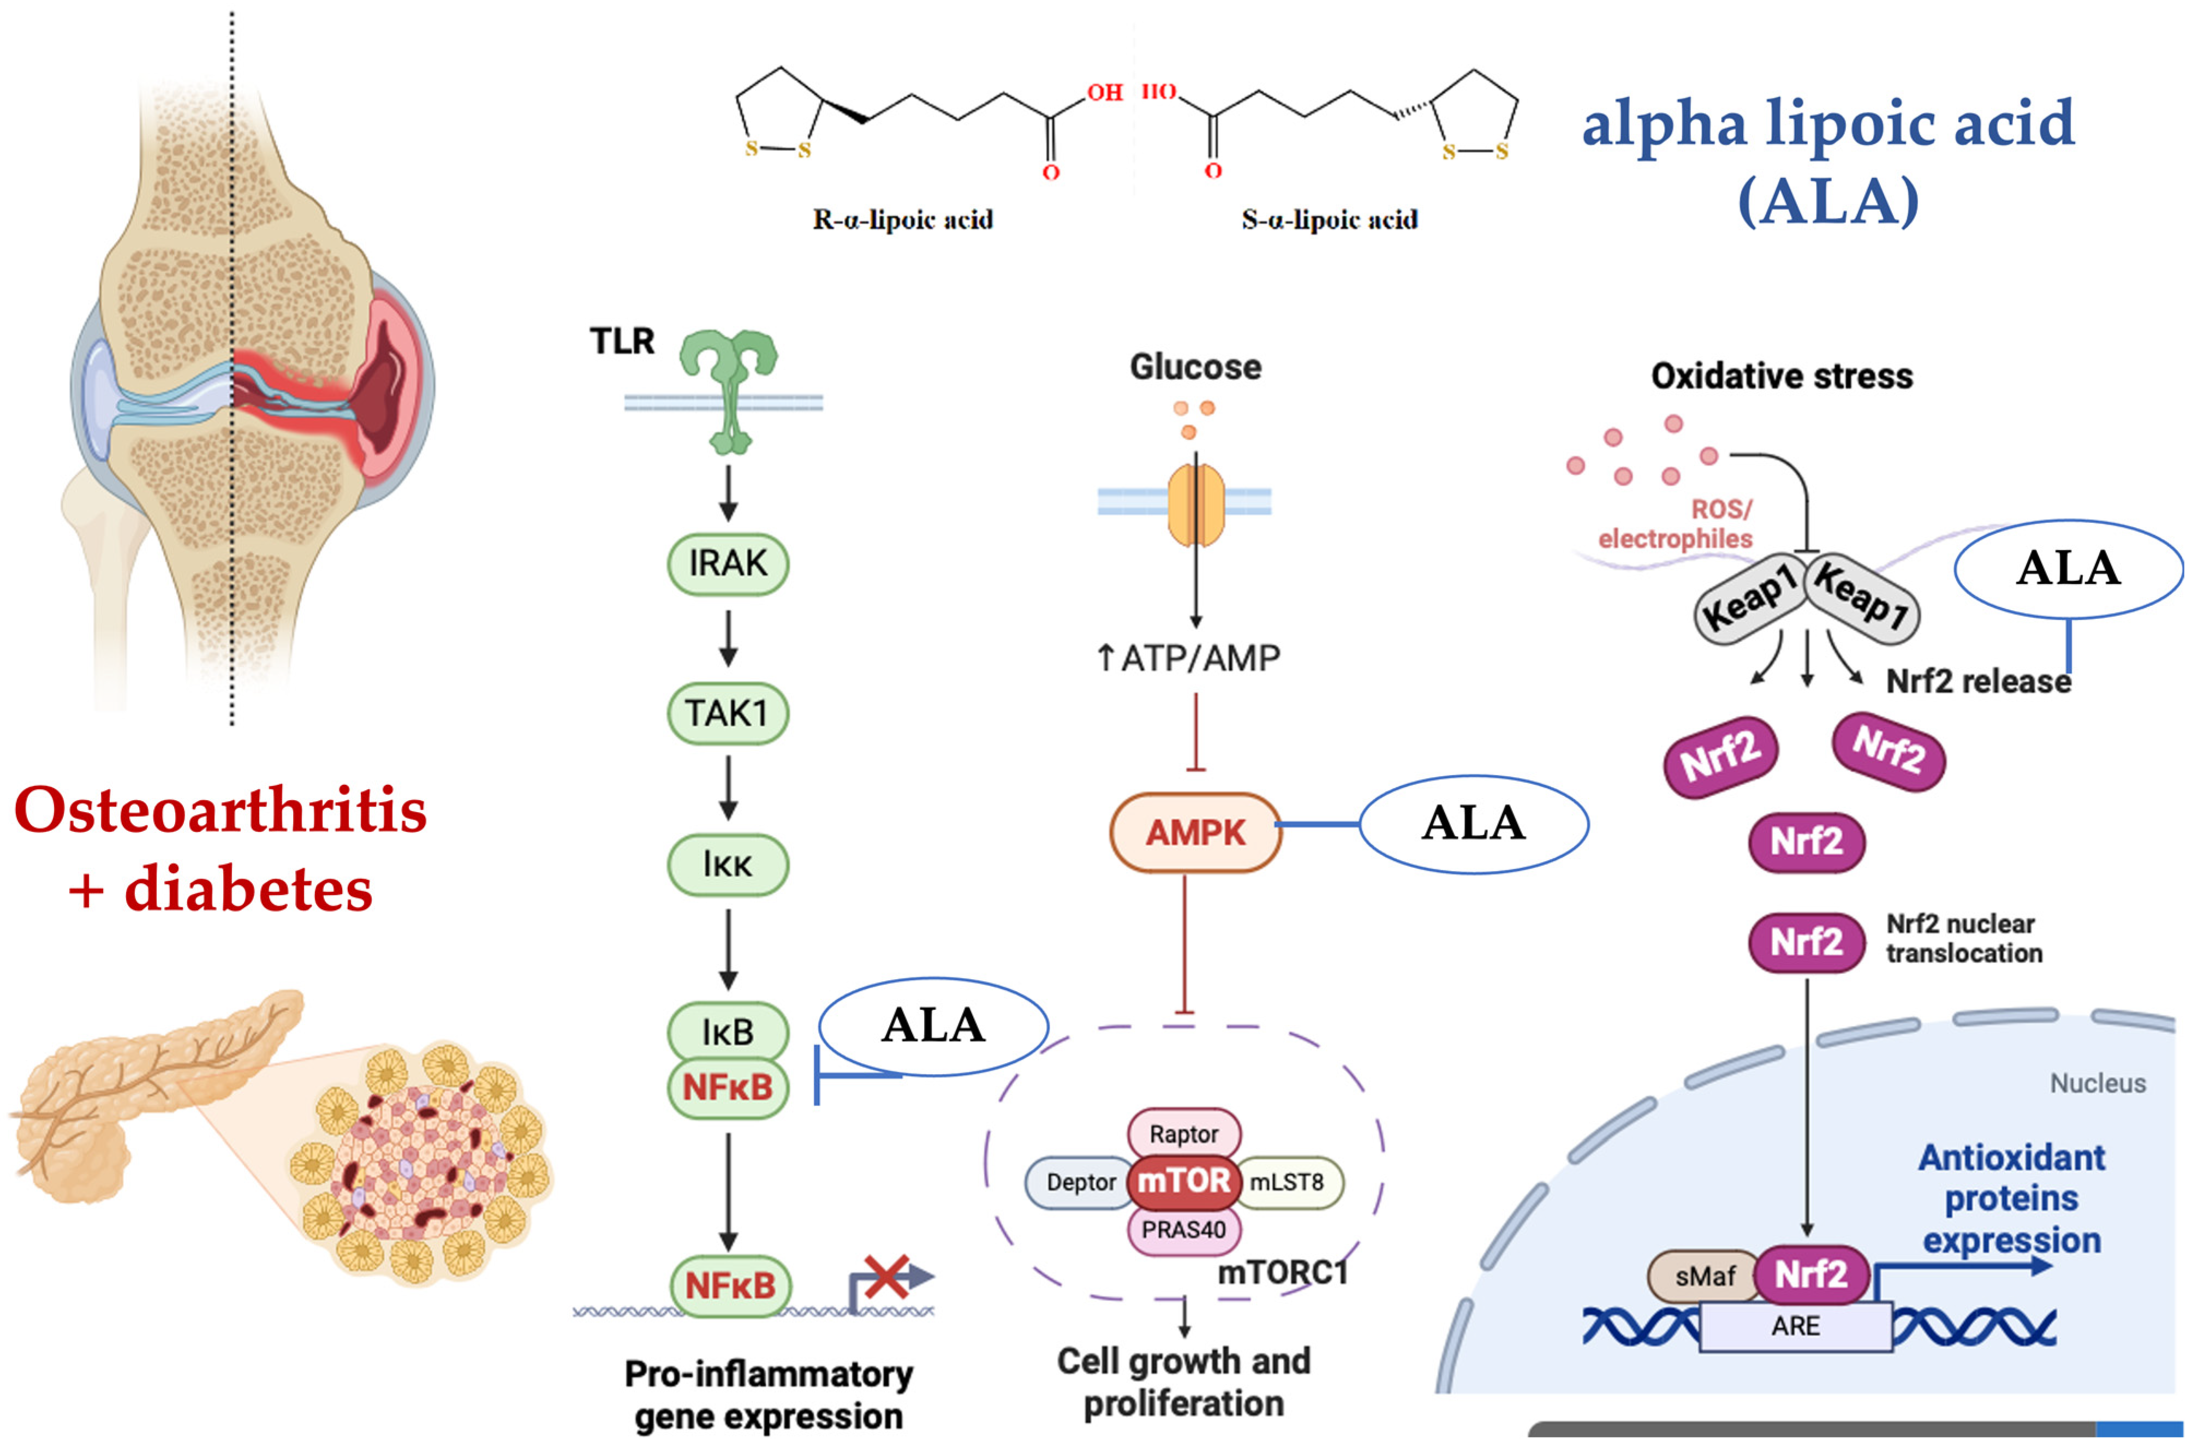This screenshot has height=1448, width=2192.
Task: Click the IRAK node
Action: click(728, 563)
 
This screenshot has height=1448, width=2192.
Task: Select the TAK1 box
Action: click(728, 713)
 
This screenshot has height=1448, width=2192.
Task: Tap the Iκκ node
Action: click(728, 865)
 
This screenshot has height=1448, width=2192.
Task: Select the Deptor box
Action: click(1080, 1182)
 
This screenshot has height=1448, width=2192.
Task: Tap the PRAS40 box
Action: click(1184, 1230)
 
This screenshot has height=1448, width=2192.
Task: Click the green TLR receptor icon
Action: click(729, 388)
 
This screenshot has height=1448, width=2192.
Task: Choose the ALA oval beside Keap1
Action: click(2068, 568)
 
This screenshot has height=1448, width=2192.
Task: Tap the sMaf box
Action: click(1705, 1276)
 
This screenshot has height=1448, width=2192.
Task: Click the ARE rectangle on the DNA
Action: click(1795, 1326)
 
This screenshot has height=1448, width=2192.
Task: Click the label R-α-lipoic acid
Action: click(902, 220)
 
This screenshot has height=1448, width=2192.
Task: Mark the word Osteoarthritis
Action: click(221, 810)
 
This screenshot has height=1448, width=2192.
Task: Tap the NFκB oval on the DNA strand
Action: click(729, 1285)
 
